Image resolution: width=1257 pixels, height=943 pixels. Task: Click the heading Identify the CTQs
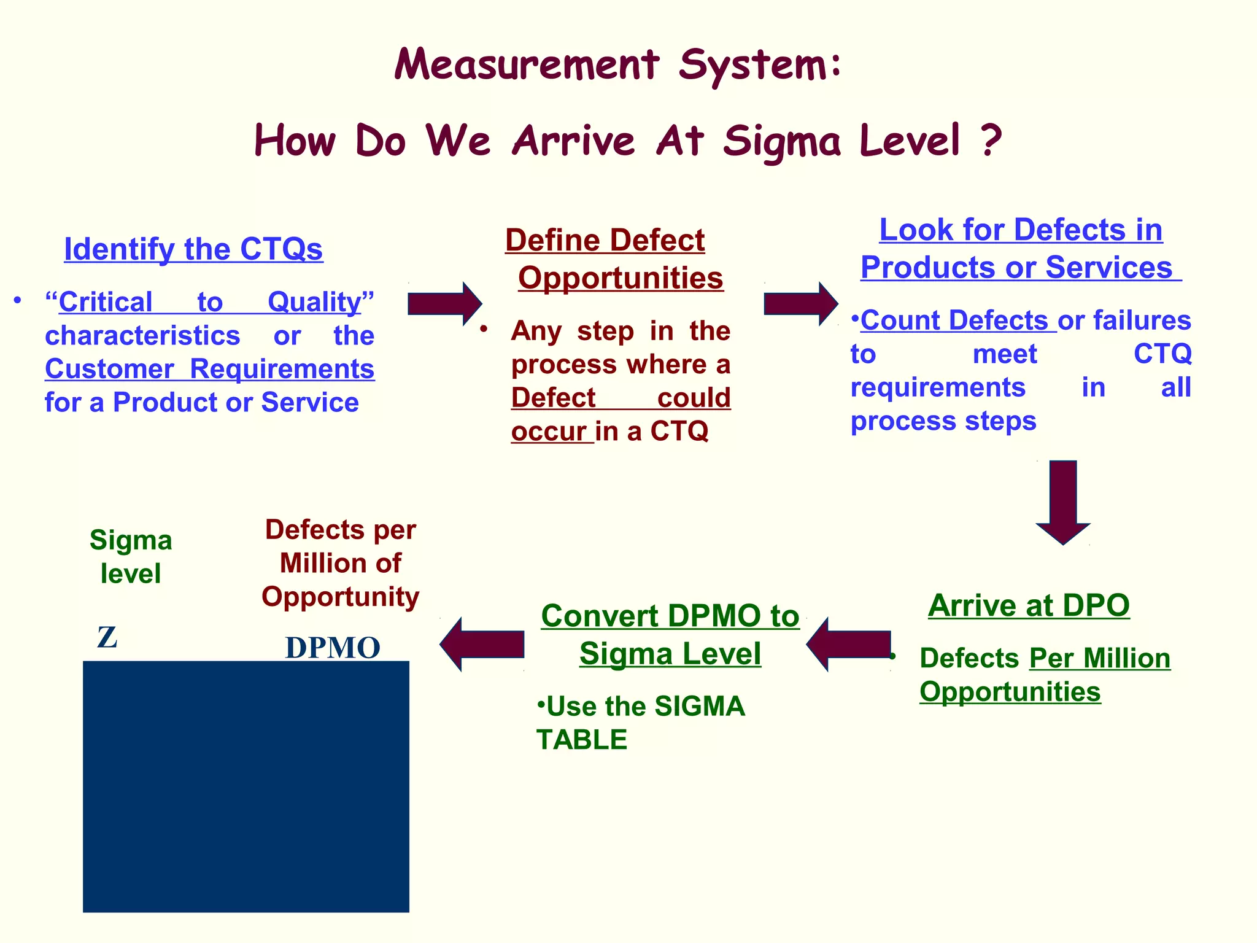pyautogui.click(x=193, y=249)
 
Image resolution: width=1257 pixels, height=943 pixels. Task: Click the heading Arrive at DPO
pyautogui.click(x=1029, y=606)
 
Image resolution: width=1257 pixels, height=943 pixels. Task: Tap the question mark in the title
pyautogui.click(x=989, y=140)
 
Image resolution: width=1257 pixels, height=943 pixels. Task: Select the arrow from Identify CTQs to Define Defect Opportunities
pyautogui.click(x=444, y=303)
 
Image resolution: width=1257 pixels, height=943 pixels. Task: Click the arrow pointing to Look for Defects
pyautogui.click(x=800, y=303)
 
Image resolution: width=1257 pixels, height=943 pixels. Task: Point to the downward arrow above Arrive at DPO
pyautogui.click(x=1063, y=502)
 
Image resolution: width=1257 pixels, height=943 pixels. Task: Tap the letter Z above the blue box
pyautogui.click(x=107, y=638)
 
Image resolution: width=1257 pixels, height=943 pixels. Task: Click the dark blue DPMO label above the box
pyautogui.click(x=333, y=648)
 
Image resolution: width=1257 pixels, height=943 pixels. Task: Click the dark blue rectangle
pyautogui.click(x=246, y=786)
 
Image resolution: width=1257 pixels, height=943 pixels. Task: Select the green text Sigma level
pyautogui.click(x=131, y=557)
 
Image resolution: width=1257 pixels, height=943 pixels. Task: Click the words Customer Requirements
pyautogui.click(x=209, y=370)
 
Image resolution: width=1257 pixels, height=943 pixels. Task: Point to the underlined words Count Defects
pyautogui.click(x=954, y=320)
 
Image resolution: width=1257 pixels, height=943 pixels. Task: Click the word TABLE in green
pyautogui.click(x=581, y=740)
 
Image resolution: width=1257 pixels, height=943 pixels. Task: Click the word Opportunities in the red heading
pyautogui.click(x=621, y=278)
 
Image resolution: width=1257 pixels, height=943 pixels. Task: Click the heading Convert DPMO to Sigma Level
pyautogui.click(x=670, y=634)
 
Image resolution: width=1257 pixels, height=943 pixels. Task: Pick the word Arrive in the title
pyautogui.click(x=573, y=140)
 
